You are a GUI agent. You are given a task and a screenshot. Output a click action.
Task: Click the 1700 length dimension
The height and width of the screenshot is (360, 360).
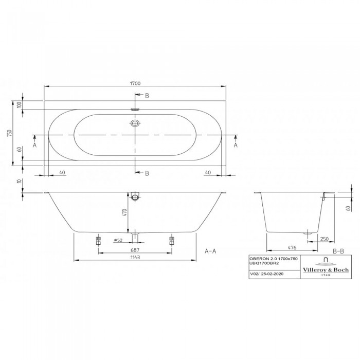[x=135, y=83]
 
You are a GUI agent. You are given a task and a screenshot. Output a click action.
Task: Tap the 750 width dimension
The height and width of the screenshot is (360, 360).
[x=10, y=133]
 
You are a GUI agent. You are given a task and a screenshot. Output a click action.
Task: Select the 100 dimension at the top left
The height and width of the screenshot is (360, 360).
[x=20, y=105]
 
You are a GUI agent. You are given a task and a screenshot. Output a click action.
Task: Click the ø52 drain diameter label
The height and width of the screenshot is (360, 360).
[x=118, y=240]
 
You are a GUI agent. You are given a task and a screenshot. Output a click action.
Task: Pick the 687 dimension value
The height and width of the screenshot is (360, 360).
[x=135, y=250]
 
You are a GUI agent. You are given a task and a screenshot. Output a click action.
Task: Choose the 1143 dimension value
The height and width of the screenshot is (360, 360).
[x=135, y=257]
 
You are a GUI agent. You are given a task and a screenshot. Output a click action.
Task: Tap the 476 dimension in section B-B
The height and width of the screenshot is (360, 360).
[x=292, y=247]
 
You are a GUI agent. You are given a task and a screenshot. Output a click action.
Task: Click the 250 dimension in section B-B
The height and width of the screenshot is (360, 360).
[x=324, y=239]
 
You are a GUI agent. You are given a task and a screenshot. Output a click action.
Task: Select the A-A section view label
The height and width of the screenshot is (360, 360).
[x=210, y=251]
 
